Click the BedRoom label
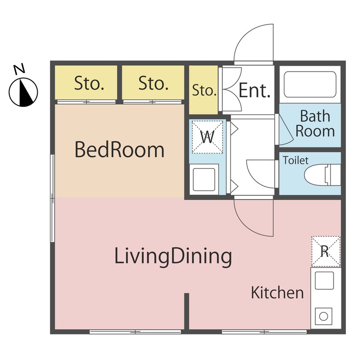coord(120,150)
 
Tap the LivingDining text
coord(173,257)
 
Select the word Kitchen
coord(277,292)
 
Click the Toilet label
coord(295,160)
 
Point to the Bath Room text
coord(315,124)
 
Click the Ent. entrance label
coord(255,90)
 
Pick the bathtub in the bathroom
coord(310,84)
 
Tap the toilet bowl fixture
coord(322,175)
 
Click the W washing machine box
coord(207,137)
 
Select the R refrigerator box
coord(326,252)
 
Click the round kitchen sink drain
coord(323,316)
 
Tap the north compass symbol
coord(23,92)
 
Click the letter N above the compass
coord(20,69)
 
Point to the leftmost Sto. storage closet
coord(86,83)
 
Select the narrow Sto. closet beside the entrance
coord(204,90)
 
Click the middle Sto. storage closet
coord(153,83)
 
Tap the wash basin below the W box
coord(204,180)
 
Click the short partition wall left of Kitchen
coord(187,311)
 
